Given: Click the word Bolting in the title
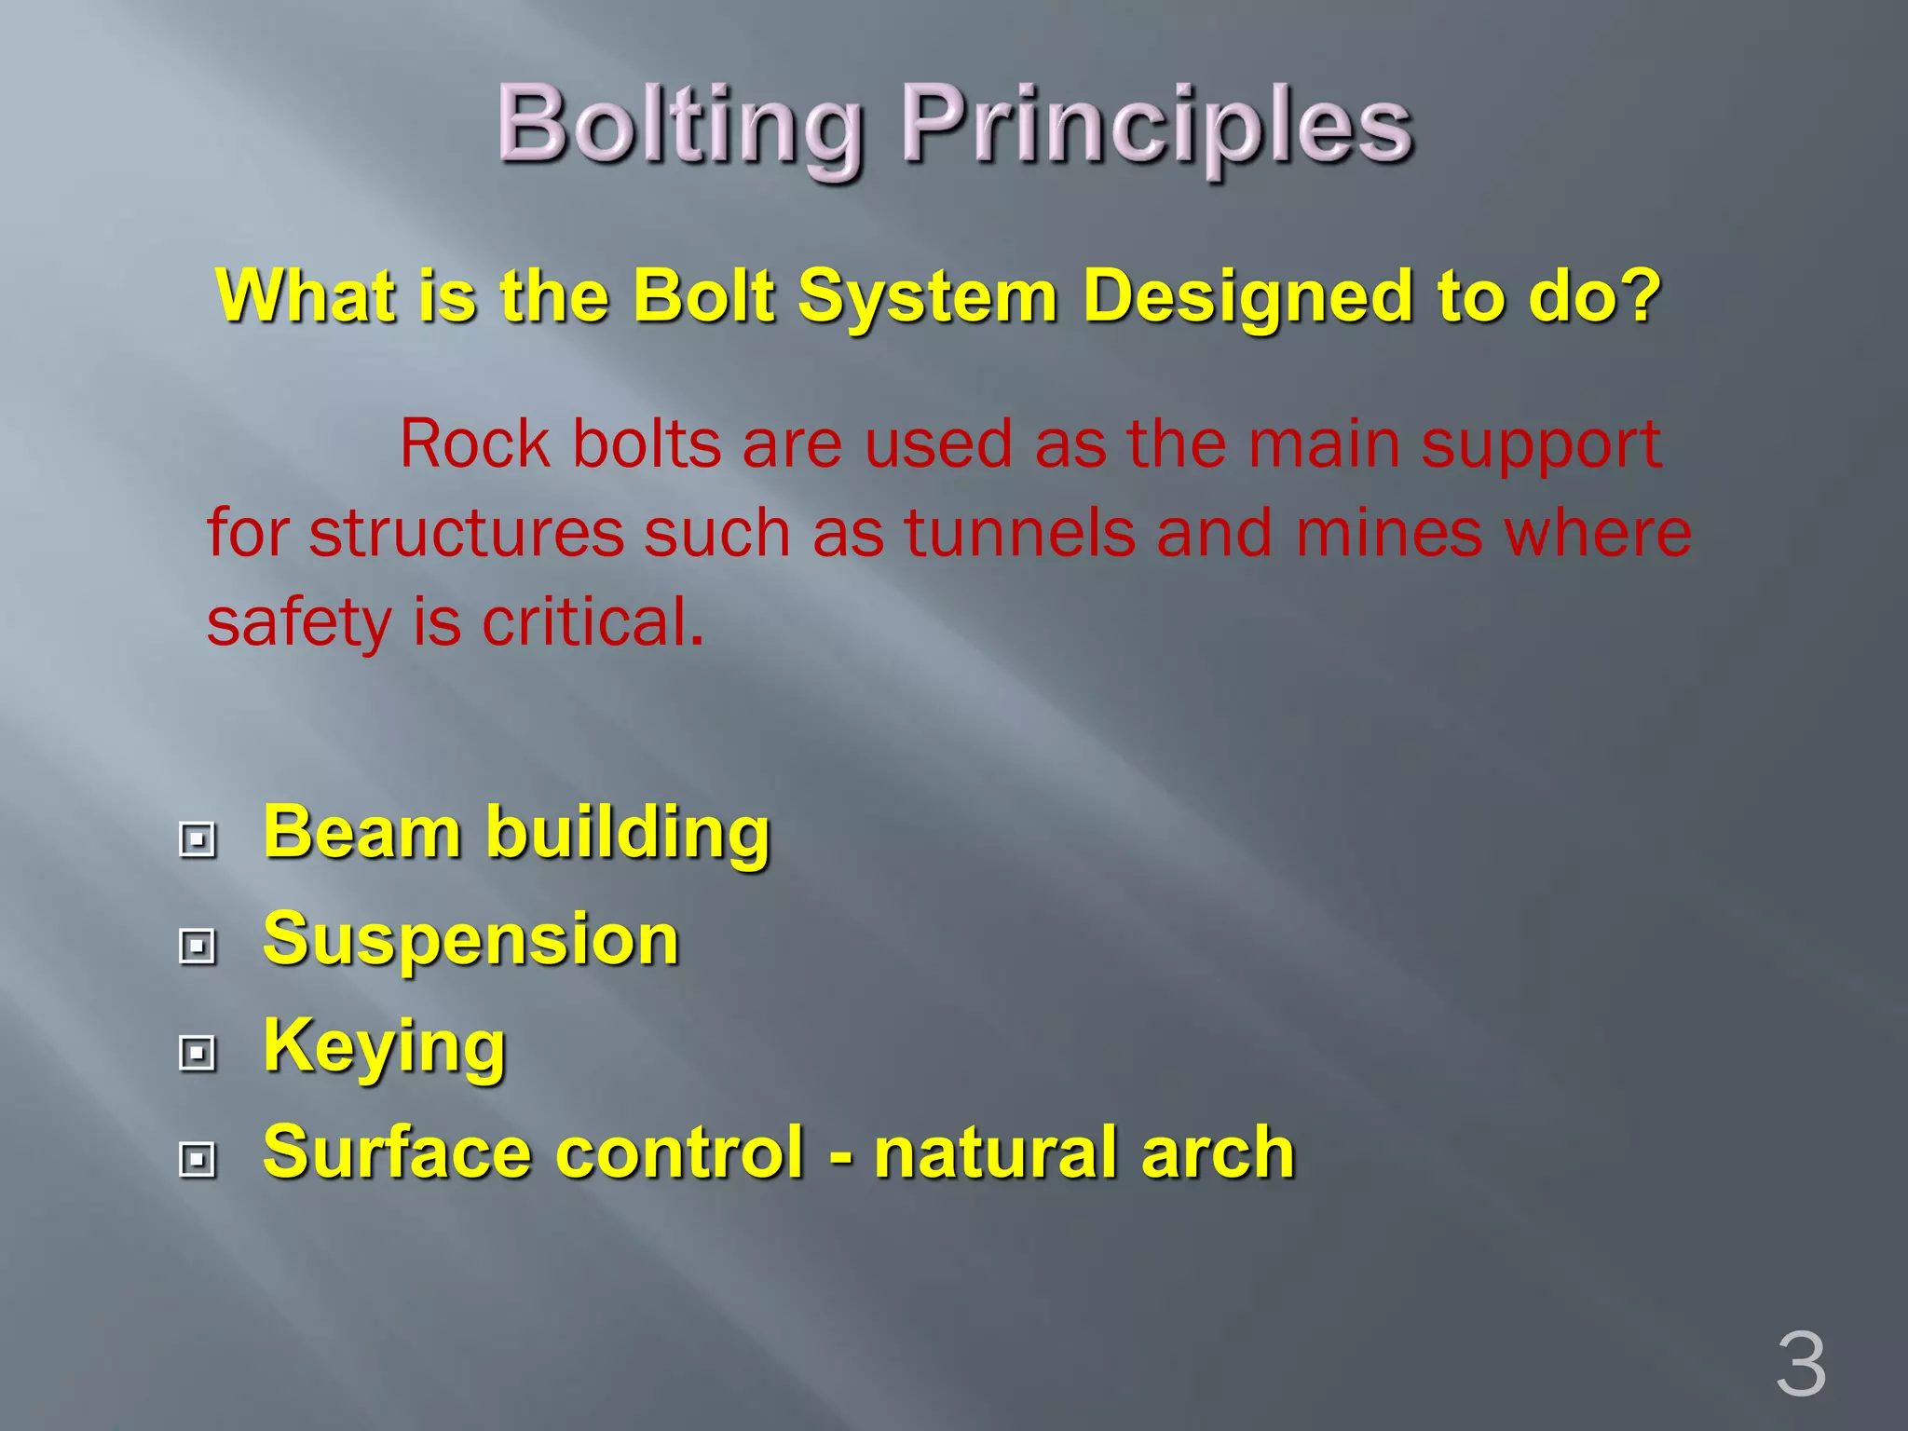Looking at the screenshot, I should click(x=679, y=126).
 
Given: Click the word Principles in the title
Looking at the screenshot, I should click(x=1156, y=126).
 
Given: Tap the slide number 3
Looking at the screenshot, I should click(x=1800, y=1365).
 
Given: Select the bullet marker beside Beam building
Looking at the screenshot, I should click(x=197, y=838).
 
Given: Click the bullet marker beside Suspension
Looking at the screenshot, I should click(x=197, y=946).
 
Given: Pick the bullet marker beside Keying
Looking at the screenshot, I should click(x=197, y=1053).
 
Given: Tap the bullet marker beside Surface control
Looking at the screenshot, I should click(x=197, y=1159).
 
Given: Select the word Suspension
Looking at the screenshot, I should click(x=470, y=939).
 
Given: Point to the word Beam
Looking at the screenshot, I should click(x=362, y=831).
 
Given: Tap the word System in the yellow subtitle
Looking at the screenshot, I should click(x=927, y=296).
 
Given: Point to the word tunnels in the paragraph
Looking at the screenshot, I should click(x=1019, y=533).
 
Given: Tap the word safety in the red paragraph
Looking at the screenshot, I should click(x=298, y=623).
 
